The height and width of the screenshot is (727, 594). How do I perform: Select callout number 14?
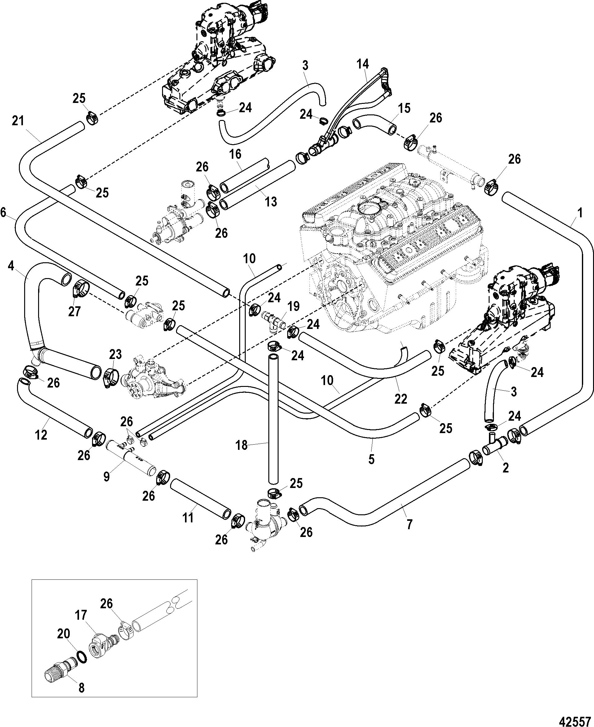363,64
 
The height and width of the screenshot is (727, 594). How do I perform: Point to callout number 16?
235,154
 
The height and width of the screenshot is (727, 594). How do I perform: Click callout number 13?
271,202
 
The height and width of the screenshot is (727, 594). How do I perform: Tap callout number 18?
242,446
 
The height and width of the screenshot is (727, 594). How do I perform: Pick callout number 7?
409,523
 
